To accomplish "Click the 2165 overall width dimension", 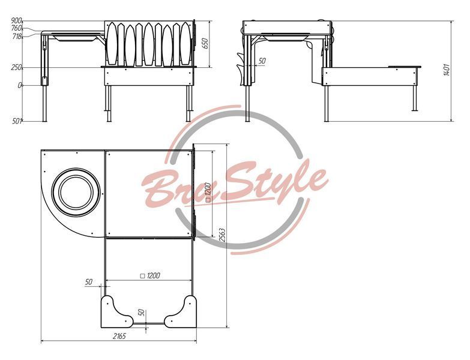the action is pos(119,336).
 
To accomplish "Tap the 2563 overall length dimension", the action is pos(221,235).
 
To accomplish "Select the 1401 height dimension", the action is pos(447,70).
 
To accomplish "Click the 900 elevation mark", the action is pos(16,21).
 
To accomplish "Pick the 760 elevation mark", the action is pos(16,28).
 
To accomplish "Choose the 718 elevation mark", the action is pos(17,37).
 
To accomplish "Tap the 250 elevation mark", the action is pos(17,68).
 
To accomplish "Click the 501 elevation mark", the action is pos(17,121).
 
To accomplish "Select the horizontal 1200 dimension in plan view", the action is pos(150,275).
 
